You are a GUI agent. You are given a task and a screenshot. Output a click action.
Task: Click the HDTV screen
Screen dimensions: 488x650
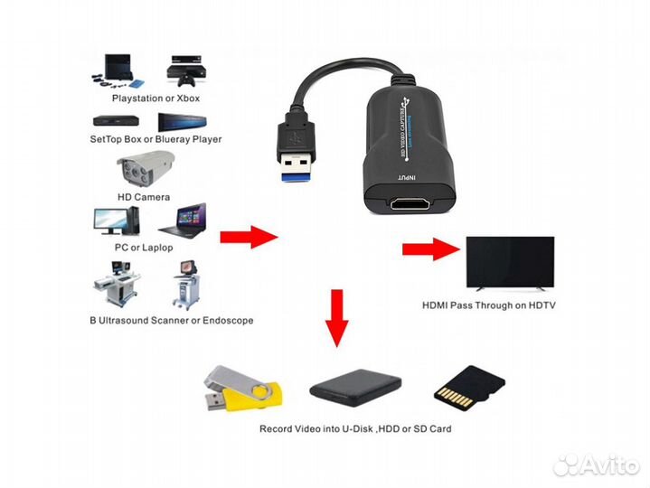(509, 262)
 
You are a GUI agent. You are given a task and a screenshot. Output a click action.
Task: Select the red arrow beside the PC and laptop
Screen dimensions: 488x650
(248, 238)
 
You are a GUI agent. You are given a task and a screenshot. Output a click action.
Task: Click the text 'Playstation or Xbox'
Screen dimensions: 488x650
(155, 98)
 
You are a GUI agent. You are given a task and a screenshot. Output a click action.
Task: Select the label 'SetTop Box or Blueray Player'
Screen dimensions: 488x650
(155, 140)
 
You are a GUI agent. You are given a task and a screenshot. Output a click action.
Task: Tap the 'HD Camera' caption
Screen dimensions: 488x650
(144, 197)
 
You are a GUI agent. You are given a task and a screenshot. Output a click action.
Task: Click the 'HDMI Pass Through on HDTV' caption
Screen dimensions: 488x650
(489, 305)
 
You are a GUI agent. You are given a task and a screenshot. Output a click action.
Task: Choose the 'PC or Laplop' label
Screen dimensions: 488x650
(145, 248)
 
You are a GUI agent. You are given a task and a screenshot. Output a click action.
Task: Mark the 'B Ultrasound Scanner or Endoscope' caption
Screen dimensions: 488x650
(171, 320)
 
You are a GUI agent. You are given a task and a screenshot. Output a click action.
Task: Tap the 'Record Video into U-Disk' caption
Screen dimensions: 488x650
(355, 429)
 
